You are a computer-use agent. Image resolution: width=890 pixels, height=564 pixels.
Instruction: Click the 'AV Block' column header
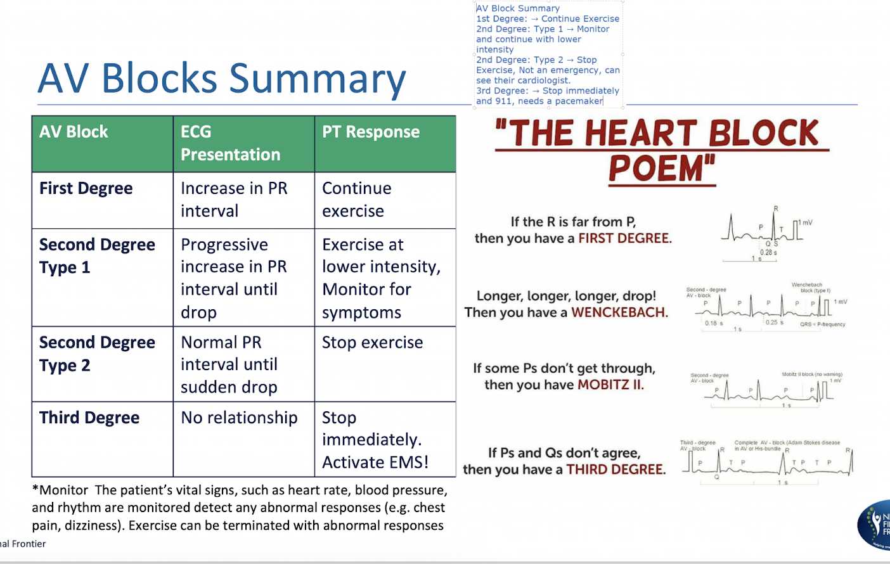[x=74, y=132]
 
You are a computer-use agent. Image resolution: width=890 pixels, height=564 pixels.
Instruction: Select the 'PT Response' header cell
[x=371, y=132]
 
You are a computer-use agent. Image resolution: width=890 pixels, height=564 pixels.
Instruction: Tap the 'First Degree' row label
[x=86, y=189]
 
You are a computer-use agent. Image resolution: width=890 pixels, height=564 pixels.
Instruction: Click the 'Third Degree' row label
[x=89, y=418]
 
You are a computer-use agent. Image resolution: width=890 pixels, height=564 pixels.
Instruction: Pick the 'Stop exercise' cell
[x=372, y=343]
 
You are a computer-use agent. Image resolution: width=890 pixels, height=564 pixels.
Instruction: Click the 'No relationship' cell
[x=239, y=418]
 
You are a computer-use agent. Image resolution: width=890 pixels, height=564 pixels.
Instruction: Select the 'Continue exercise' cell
[x=356, y=200]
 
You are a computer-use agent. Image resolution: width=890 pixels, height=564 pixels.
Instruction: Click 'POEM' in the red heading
[x=661, y=169]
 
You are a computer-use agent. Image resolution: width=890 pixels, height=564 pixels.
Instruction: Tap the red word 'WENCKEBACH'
[x=618, y=312]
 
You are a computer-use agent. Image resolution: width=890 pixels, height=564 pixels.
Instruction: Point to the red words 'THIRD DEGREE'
[x=615, y=470]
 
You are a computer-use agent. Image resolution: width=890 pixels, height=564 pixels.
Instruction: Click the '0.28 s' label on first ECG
[x=768, y=252]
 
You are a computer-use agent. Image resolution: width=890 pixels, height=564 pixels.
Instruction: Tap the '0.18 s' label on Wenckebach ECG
[x=714, y=323]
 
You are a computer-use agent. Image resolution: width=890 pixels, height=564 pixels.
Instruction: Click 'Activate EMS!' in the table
[x=375, y=463]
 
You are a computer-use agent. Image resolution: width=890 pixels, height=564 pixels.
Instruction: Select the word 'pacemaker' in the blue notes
[x=579, y=101]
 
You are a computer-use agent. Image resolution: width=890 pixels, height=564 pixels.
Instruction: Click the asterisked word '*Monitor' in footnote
[x=60, y=490]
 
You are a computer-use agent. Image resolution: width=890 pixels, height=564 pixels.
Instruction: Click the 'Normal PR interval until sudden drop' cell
[x=229, y=365]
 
